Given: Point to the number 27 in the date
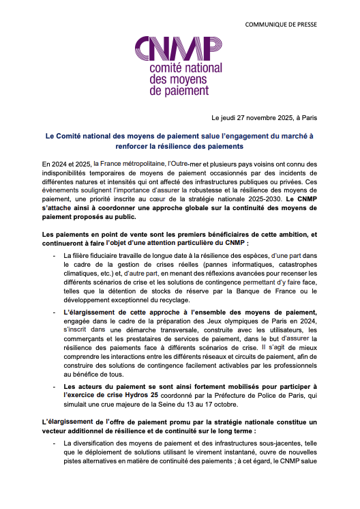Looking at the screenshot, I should point(239,118).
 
